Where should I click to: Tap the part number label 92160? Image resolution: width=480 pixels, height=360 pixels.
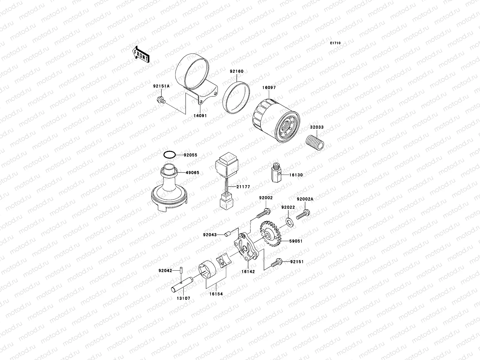237,71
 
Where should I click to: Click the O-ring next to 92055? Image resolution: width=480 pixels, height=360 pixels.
169,155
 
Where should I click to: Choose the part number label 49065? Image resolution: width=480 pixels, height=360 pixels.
192,173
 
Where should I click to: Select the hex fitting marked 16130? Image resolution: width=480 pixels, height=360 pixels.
277,175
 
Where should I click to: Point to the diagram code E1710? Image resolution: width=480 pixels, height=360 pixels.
335,43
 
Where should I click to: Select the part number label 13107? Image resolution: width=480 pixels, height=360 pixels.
183,298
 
